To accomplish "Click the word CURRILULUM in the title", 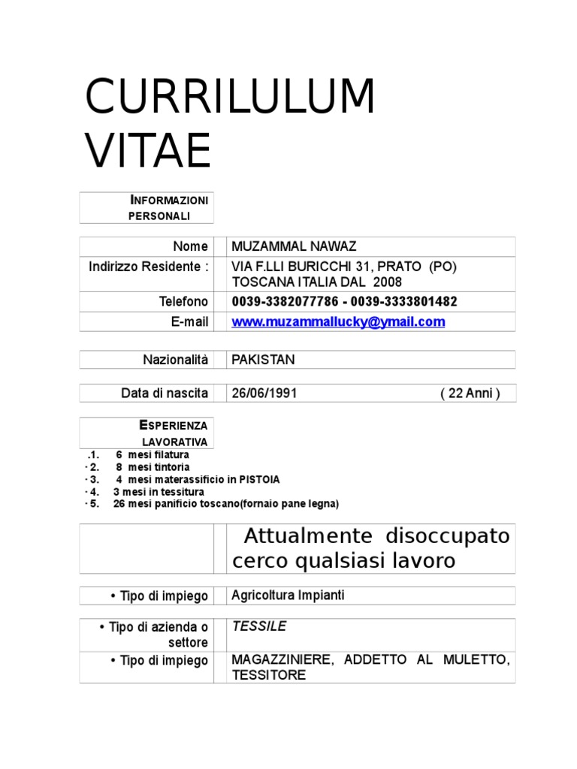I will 230,98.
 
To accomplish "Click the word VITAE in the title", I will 148,150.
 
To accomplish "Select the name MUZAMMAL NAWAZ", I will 294,246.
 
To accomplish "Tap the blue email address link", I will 338,321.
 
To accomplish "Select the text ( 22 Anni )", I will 470,394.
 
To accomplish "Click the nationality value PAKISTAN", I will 263,360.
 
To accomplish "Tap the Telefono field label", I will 183,302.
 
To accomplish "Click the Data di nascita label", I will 165,394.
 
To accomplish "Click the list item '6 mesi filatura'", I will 152,455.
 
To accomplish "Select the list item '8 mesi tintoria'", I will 152,467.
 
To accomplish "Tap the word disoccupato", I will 448,536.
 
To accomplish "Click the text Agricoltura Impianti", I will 288,596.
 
